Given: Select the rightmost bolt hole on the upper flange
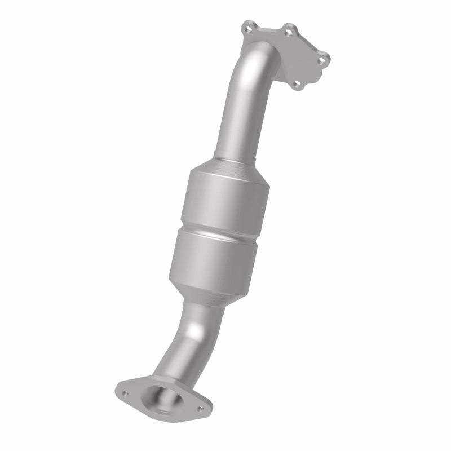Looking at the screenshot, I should (x=322, y=57).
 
